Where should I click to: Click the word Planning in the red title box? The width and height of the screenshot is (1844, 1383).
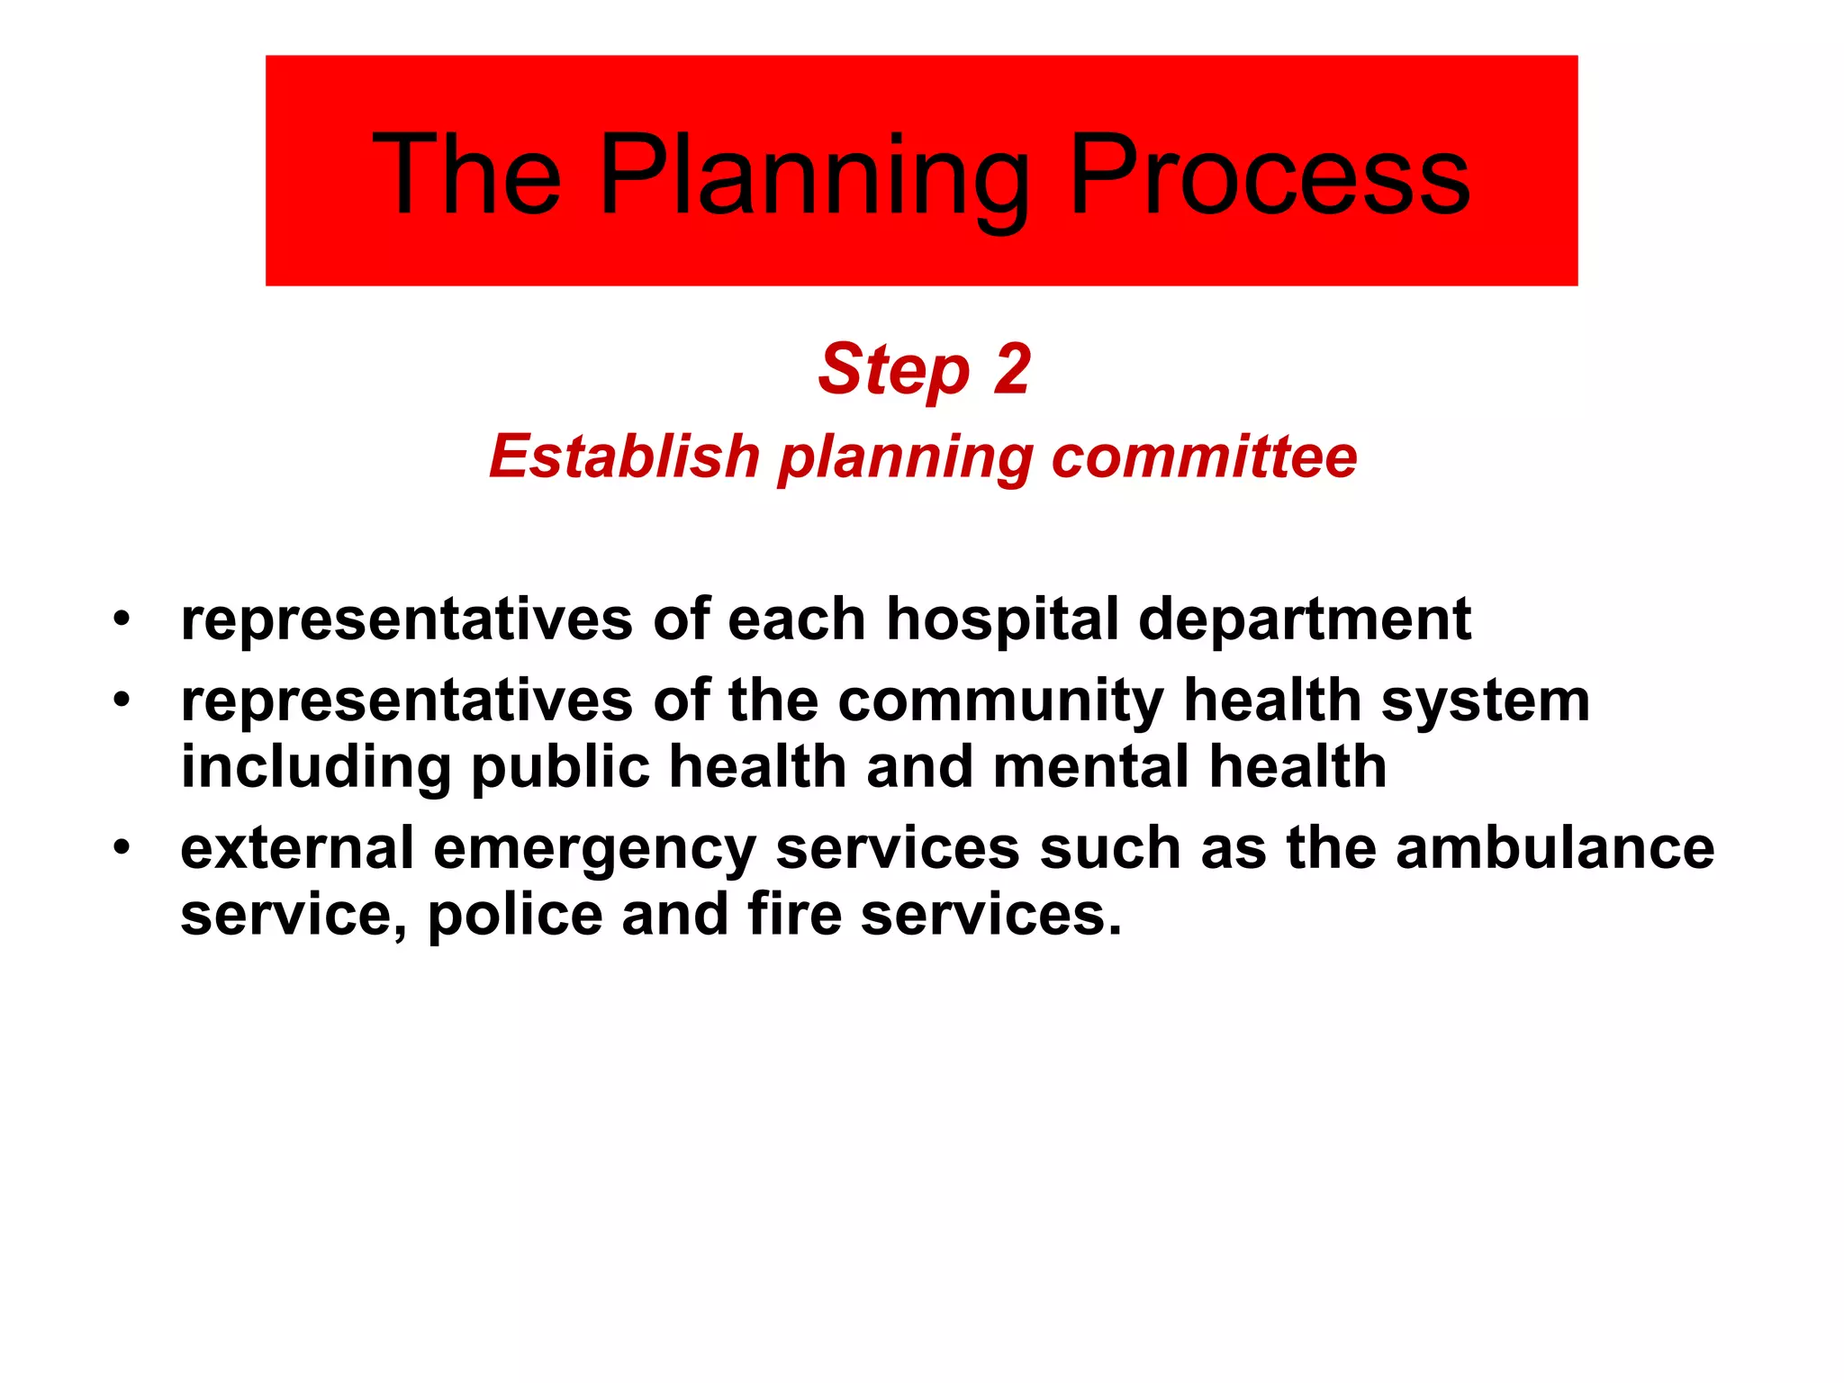coord(814,176)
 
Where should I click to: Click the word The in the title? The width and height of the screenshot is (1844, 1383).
coord(466,175)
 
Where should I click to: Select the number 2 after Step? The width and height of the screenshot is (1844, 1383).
coord(1011,369)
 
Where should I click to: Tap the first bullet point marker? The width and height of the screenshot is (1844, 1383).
coord(122,619)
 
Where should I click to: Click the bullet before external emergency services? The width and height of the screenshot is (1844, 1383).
coord(122,847)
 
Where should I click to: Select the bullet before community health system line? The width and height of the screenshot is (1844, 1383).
coord(122,700)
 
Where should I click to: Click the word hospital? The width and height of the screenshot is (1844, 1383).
coord(1002,620)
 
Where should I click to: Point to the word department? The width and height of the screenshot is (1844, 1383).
coord(1305,620)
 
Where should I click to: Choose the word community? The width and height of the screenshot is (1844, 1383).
coord(1000,701)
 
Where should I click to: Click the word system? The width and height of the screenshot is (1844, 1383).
coord(1486,701)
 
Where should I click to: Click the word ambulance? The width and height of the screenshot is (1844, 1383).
coord(1555,848)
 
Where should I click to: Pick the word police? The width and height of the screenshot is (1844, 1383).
coord(514,915)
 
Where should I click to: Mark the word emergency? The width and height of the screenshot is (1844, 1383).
coord(594,850)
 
